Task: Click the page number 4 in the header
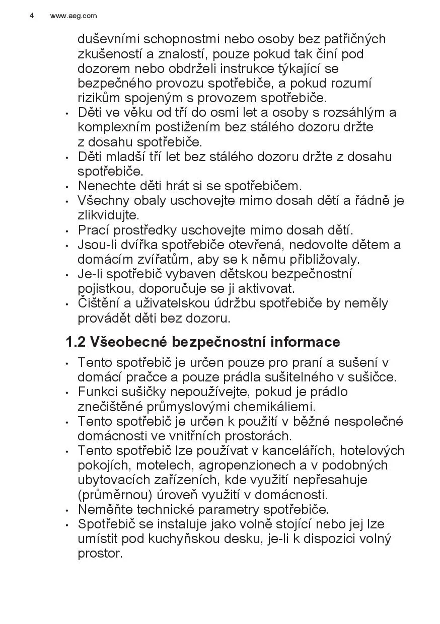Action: pos(32,16)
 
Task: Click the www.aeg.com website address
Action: pos(74,16)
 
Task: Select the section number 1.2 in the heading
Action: pos(76,342)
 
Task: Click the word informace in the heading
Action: pos(305,342)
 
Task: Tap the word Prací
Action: pos(93,230)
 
